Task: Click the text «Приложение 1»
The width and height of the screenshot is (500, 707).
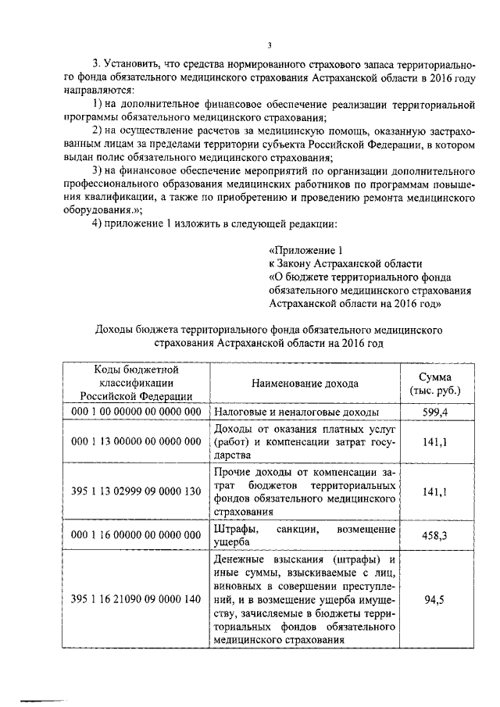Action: pyautogui.click(x=305, y=251)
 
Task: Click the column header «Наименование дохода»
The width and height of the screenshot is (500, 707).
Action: pyautogui.click(x=305, y=384)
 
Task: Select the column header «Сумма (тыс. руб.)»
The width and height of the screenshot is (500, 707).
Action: pyautogui.click(x=435, y=384)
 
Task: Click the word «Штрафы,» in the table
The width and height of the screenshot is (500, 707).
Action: pyautogui.click(x=232, y=530)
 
